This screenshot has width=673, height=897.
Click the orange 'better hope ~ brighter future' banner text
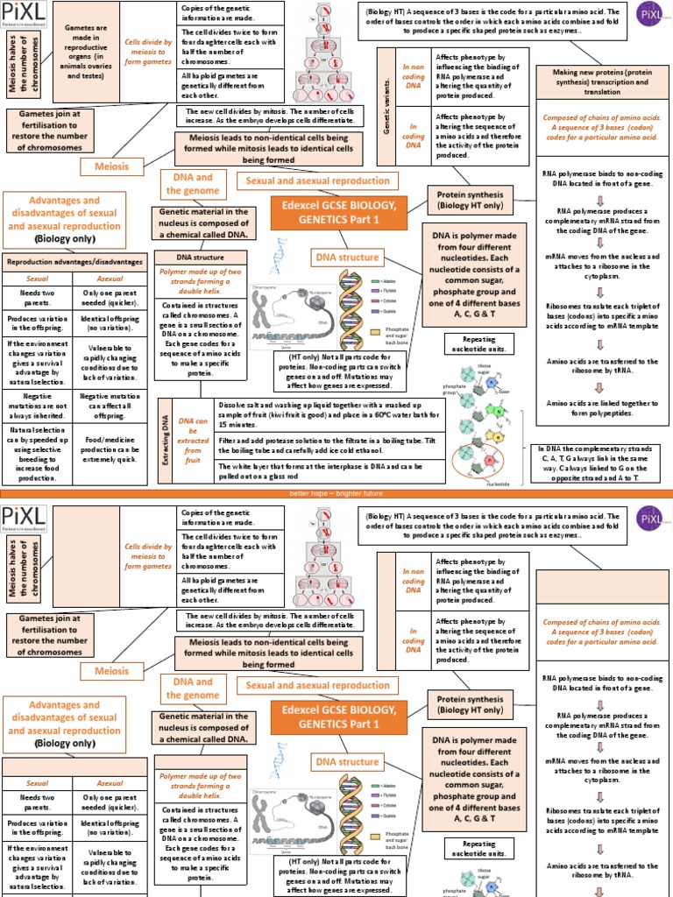tap(336, 494)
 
